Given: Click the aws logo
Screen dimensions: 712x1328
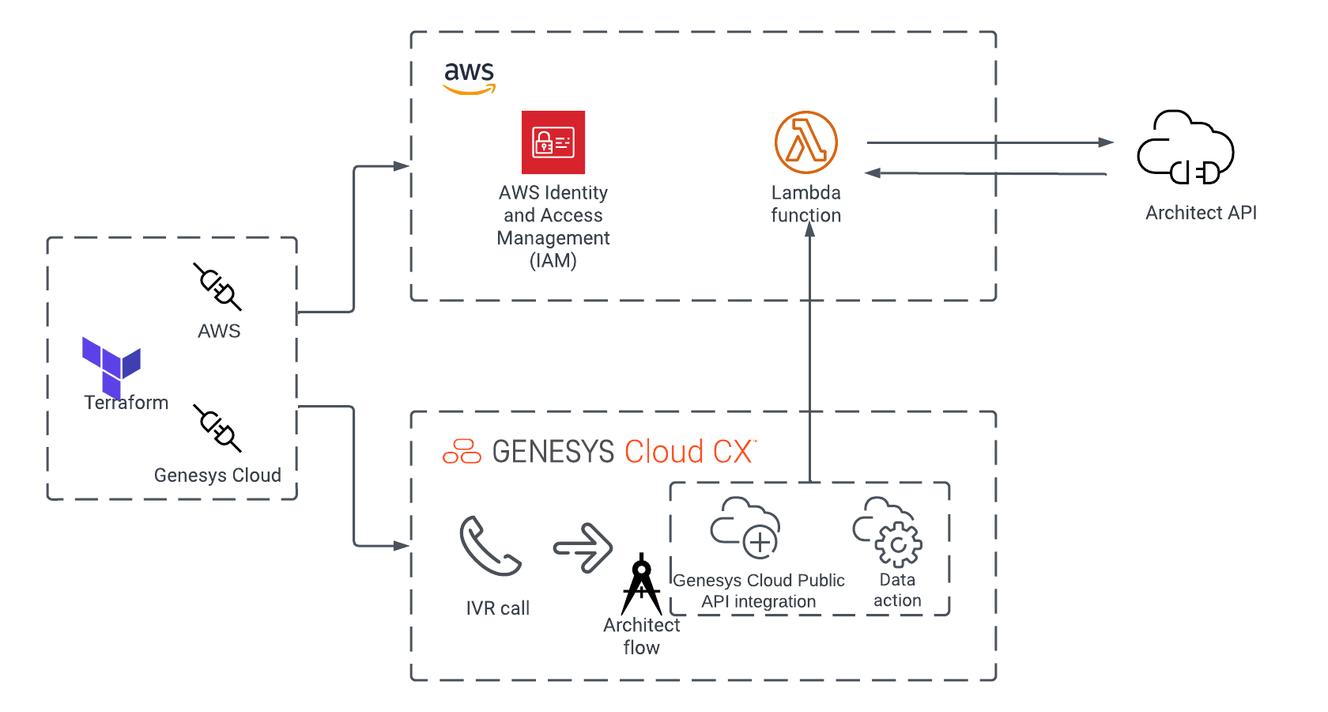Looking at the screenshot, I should pyautogui.click(x=469, y=78).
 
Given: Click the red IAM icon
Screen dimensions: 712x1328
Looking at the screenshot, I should pyautogui.click(x=553, y=142).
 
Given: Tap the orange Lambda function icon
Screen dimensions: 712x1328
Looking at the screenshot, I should pyautogui.click(x=805, y=142).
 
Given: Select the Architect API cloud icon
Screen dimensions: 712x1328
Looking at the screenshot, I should pyautogui.click(x=1185, y=148).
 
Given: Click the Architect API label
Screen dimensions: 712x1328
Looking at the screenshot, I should pyautogui.click(x=1201, y=213).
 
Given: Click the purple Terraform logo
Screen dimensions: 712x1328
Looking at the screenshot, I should pyautogui.click(x=111, y=365).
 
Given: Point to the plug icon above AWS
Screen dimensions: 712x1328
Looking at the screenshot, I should pyautogui.click(x=217, y=286).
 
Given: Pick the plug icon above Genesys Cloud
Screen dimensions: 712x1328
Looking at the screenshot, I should pyautogui.click(x=217, y=428).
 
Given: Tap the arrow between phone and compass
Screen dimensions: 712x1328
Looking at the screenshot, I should pyautogui.click(x=583, y=547).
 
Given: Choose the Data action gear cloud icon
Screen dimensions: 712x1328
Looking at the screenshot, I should pyautogui.click(x=888, y=532).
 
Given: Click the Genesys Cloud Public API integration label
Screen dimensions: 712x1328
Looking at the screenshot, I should pyautogui.click(x=759, y=591).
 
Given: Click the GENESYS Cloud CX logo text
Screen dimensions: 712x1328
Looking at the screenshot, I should pyautogui.click(x=599, y=452).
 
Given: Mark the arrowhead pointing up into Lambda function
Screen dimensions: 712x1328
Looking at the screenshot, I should pyautogui.click(x=809, y=229).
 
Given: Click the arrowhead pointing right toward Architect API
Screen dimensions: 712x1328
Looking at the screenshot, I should pyautogui.click(x=1106, y=142).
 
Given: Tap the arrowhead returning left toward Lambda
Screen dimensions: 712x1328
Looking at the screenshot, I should pyautogui.click(x=873, y=172).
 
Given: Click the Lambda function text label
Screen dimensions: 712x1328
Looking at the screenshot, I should pyautogui.click(x=805, y=204).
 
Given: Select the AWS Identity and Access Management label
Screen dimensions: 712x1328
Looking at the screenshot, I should pyautogui.click(x=553, y=226).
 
